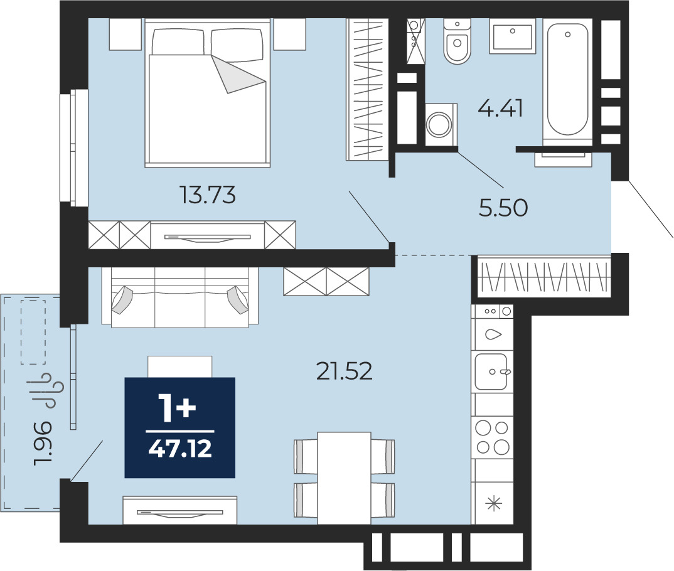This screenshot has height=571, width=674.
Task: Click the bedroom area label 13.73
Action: (208, 195)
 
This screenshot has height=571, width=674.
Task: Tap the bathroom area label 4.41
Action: (500, 108)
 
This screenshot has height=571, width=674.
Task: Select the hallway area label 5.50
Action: (503, 208)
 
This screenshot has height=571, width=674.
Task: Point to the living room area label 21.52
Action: (344, 371)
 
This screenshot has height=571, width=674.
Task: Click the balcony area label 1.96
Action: (43, 443)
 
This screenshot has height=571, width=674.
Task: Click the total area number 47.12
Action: (180, 449)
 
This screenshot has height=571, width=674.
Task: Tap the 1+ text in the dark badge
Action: (177, 408)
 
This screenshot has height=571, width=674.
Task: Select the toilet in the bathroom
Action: (457, 41)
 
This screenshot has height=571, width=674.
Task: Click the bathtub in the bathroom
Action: (567, 80)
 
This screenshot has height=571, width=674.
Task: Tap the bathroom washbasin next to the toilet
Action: (512, 36)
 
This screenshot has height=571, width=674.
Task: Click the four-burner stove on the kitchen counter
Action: (492, 437)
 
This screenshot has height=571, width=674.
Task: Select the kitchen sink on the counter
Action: (492, 371)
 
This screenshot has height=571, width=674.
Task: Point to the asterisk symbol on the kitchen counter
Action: (494, 503)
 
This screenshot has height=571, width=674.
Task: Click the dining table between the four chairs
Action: (345, 478)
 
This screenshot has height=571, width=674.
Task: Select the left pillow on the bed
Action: (178, 41)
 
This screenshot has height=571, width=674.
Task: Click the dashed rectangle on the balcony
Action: (33, 332)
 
